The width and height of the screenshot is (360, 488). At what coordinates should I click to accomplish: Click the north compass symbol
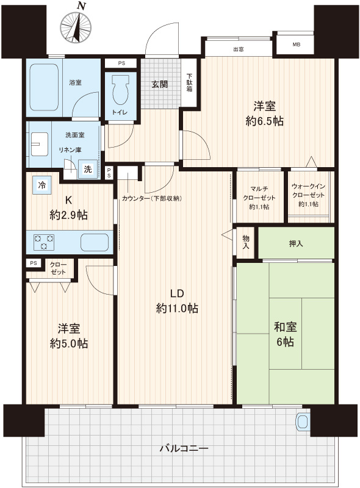(76, 26)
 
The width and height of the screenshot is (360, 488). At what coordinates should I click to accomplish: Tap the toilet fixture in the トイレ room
(120, 90)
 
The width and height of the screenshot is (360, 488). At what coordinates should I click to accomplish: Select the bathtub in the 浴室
(44, 87)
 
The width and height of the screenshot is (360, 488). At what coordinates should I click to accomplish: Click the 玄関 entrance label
(160, 84)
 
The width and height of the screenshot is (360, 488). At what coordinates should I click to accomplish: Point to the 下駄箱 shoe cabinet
(189, 82)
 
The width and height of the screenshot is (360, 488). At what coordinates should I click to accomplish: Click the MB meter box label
(297, 45)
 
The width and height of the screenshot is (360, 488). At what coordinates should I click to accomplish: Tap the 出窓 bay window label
(238, 49)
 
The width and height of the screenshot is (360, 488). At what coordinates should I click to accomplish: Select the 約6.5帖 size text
(264, 121)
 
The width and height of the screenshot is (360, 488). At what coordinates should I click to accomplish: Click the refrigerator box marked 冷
(42, 185)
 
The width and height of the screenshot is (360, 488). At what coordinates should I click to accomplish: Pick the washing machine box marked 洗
(88, 169)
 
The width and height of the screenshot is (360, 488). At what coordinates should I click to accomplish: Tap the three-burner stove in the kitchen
(44, 242)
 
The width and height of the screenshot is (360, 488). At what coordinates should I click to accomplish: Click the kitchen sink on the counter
(95, 242)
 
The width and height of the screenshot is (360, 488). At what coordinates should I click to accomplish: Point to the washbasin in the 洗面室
(40, 144)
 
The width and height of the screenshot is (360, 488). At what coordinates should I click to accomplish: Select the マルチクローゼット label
(259, 193)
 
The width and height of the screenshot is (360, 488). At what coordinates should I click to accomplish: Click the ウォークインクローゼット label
(308, 190)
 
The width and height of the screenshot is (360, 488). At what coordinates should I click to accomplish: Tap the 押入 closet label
(296, 243)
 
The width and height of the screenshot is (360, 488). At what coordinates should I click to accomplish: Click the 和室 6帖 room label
(286, 334)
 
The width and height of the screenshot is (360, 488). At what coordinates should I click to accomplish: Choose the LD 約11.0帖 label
(177, 301)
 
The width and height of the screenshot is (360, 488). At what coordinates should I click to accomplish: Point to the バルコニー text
(184, 448)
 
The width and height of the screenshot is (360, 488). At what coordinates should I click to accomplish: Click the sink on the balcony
(303, 422)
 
